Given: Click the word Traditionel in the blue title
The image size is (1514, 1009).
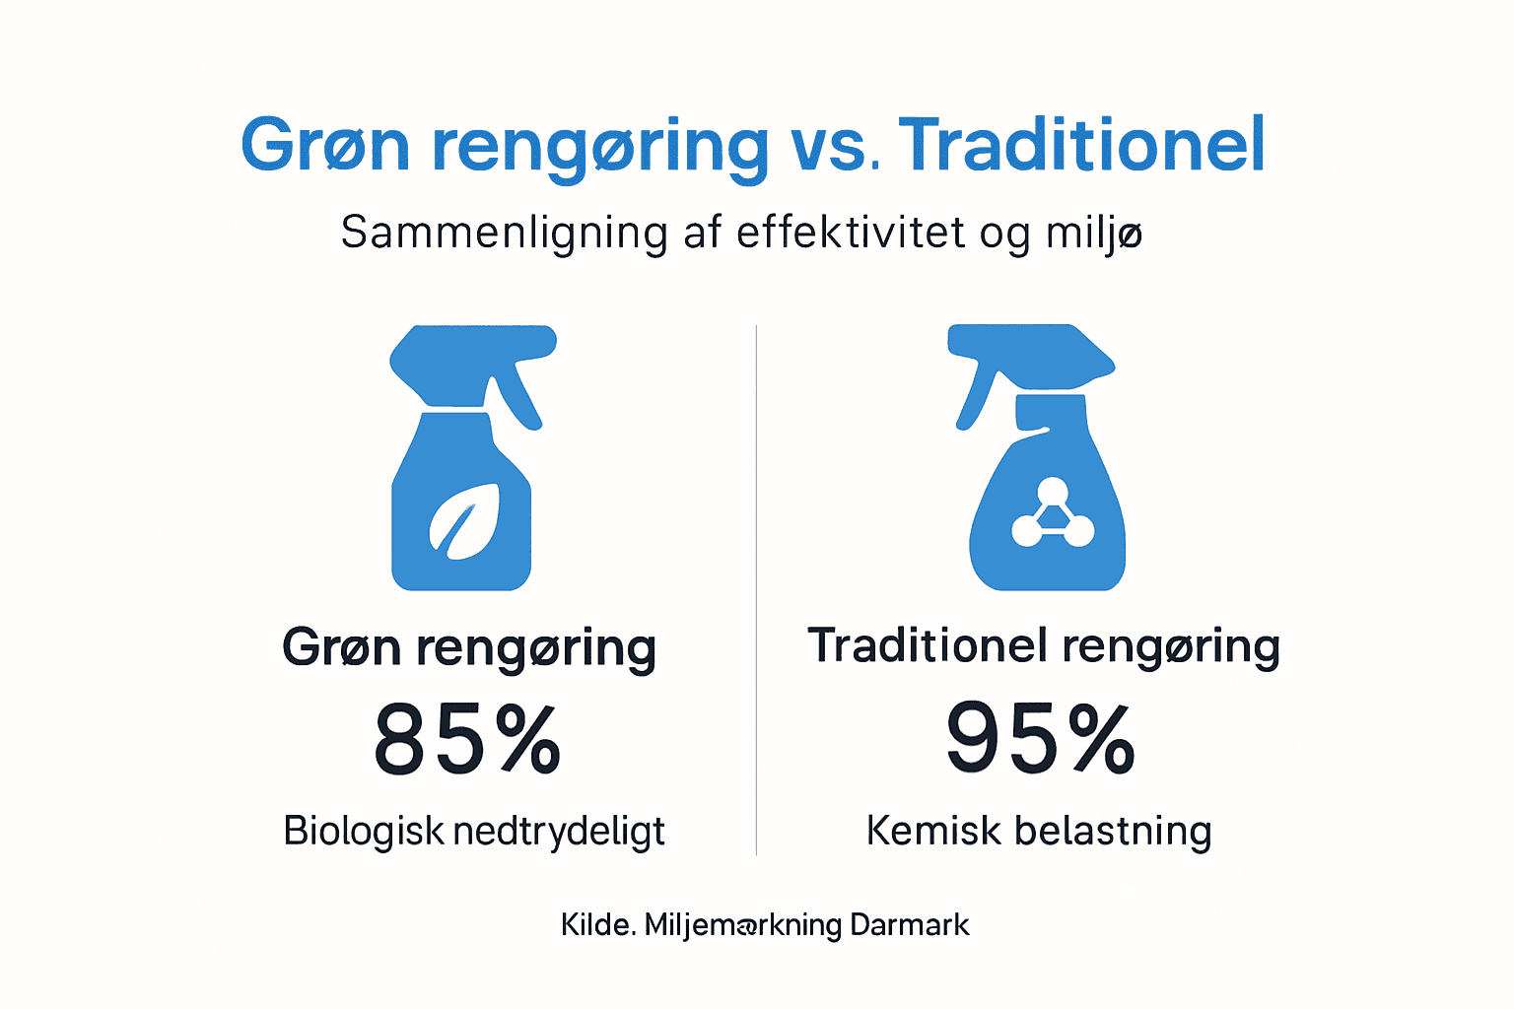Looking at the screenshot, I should pyautogui.click(x=1081, y=146).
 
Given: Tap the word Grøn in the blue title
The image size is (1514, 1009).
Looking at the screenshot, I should pyautogui.click(x=324, y=146).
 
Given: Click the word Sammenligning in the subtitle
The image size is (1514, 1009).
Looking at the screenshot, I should pyautogui.click(x=504, y=234).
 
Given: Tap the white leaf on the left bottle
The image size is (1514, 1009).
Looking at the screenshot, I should pyautogui.click(x=463, y=519).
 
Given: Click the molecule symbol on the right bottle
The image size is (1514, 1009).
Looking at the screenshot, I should pyautogui.click(x=1053, y=514).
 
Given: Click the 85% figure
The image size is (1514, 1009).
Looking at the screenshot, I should pyautogui.click(x=467, y=739).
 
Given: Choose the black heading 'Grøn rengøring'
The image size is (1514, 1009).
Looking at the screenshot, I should pyautogui.click(x=469, y=648).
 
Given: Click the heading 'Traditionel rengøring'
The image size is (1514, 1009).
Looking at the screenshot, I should pyautogui.click(x=1043, y=646).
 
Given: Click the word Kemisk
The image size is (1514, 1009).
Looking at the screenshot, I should pyautogui.click(x=932, y=831).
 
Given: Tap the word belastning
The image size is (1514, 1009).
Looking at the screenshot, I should pyautogui.click(x=1113, y=832).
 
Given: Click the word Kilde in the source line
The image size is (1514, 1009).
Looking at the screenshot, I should pyautogui.click(x=596, y=924).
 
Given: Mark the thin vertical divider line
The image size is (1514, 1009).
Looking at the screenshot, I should pyautogui.click(x=756, y=591).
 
